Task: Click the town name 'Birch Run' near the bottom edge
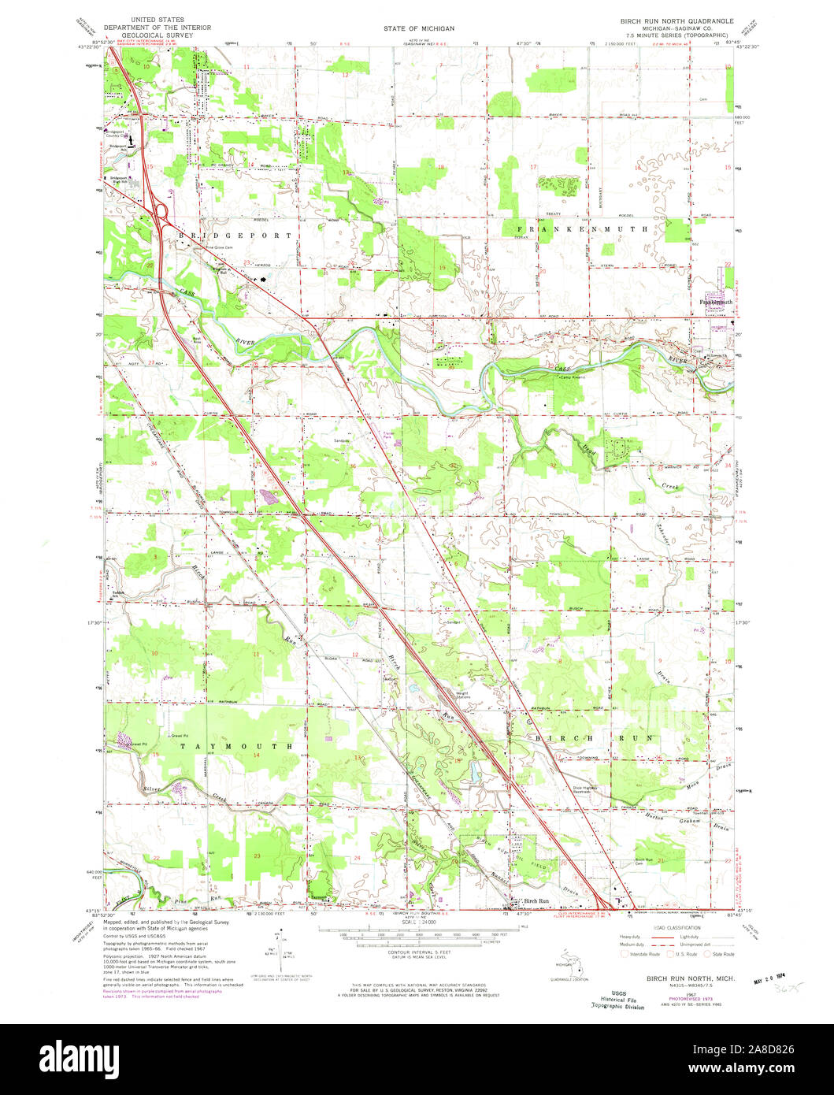[530, 900]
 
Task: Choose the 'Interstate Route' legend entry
[636, 954]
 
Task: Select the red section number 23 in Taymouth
[257, 855]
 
